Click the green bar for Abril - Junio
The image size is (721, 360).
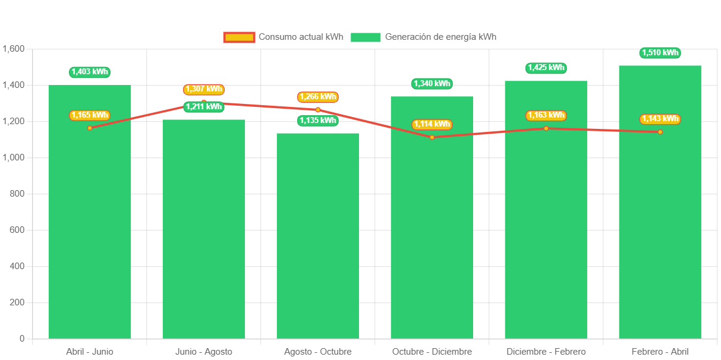pos(90,238)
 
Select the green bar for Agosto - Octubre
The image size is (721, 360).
pos(318,238)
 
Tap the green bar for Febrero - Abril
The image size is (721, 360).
pos(660,238)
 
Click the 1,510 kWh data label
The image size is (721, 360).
pos(660,53)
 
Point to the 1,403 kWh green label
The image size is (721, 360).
pos(90,72)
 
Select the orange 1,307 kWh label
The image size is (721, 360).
pos(204,89)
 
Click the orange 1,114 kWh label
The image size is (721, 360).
pos(432,124)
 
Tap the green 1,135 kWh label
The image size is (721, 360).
pos(318,121)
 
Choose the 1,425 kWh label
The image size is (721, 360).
pos(546,68)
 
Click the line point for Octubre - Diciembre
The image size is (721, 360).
pos(432,137)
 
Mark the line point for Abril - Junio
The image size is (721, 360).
pos(90,128)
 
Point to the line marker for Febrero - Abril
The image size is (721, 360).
pos(660,132)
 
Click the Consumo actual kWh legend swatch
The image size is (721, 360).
pos(239,37)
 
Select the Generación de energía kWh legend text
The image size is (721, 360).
pos(440,37)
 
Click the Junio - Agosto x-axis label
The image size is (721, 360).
pos(204,352)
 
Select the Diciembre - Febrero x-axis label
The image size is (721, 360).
pos(546,352)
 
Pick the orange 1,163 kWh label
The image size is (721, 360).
pos(546,115)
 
